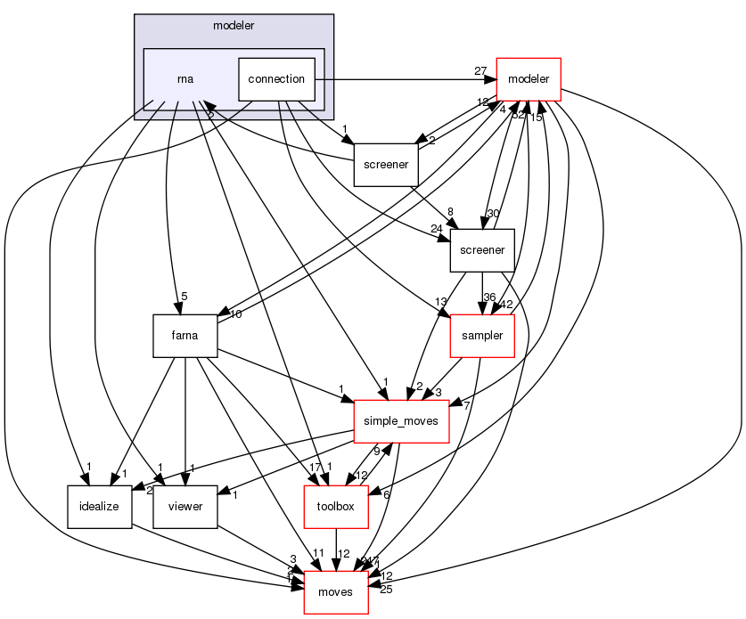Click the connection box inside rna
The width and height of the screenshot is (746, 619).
[x=276, y=79]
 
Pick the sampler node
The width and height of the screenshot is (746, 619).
[x=482, y=336]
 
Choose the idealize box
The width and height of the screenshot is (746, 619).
[x=99, y=507]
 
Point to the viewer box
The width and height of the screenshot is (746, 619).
[x=184, y=507]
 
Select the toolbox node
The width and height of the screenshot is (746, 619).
[x=336, y=507]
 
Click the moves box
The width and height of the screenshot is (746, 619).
[x=335, y=592]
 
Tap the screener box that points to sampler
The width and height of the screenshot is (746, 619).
[x=481, y=250]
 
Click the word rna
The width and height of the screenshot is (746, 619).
[x=185, y=79]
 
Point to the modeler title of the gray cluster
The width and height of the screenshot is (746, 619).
[x=234, y=25]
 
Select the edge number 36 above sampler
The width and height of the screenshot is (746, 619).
[x=488, y=297]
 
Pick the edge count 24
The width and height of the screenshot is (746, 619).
[x=438, y=229]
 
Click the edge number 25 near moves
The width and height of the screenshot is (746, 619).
[x=385, y=589]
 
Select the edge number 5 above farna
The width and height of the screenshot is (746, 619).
[x=183, y=297]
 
